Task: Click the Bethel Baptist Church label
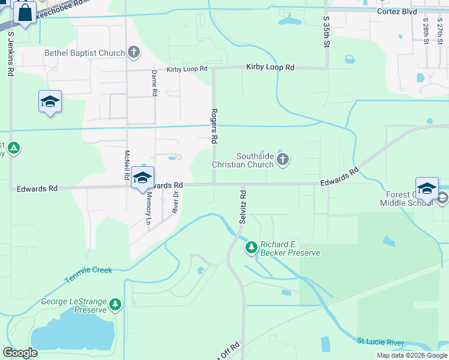point(85,53)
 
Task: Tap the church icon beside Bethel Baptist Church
point(133,53)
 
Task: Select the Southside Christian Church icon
point(283,160)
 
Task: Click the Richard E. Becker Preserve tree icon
point(252,247)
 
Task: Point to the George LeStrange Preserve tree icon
point(115,305)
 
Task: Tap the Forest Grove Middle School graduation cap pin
point(427,188)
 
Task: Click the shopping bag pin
point(25,13)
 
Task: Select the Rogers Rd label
point(214,125)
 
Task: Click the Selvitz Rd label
point(243,206)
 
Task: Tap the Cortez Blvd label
point(397,11)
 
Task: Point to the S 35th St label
point(327,32)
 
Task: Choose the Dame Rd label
point(154,83)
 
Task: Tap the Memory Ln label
point(149,209)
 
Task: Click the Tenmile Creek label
point(89,274)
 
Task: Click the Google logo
point(20,353)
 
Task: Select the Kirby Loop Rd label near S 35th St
point(270,68)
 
